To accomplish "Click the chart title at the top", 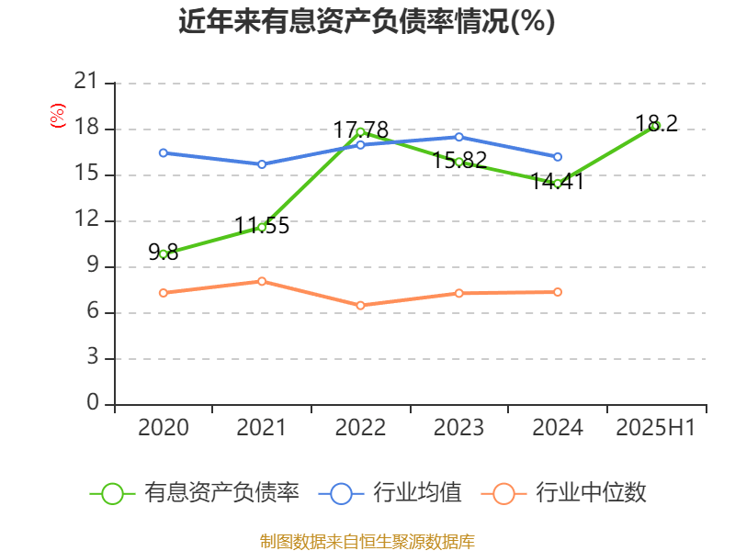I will point(367,21).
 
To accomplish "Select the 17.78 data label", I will point(360,129).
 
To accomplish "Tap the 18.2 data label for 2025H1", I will point(656,123).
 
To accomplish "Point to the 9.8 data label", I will point(164,253).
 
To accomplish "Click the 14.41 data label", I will point(558,181).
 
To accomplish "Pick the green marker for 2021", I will point(262,227).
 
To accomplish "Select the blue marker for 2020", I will point(164,152).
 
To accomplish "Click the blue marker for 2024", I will point(558,157).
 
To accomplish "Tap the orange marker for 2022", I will point(360,305).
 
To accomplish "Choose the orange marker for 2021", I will point(262,281).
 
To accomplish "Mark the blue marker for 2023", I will point(459,137).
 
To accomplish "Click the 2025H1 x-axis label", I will point(656,428).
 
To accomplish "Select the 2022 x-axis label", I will point(360,428).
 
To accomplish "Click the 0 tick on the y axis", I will point(92,404).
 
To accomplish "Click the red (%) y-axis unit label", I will point(58,116).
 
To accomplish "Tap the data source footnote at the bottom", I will point(367,541).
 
